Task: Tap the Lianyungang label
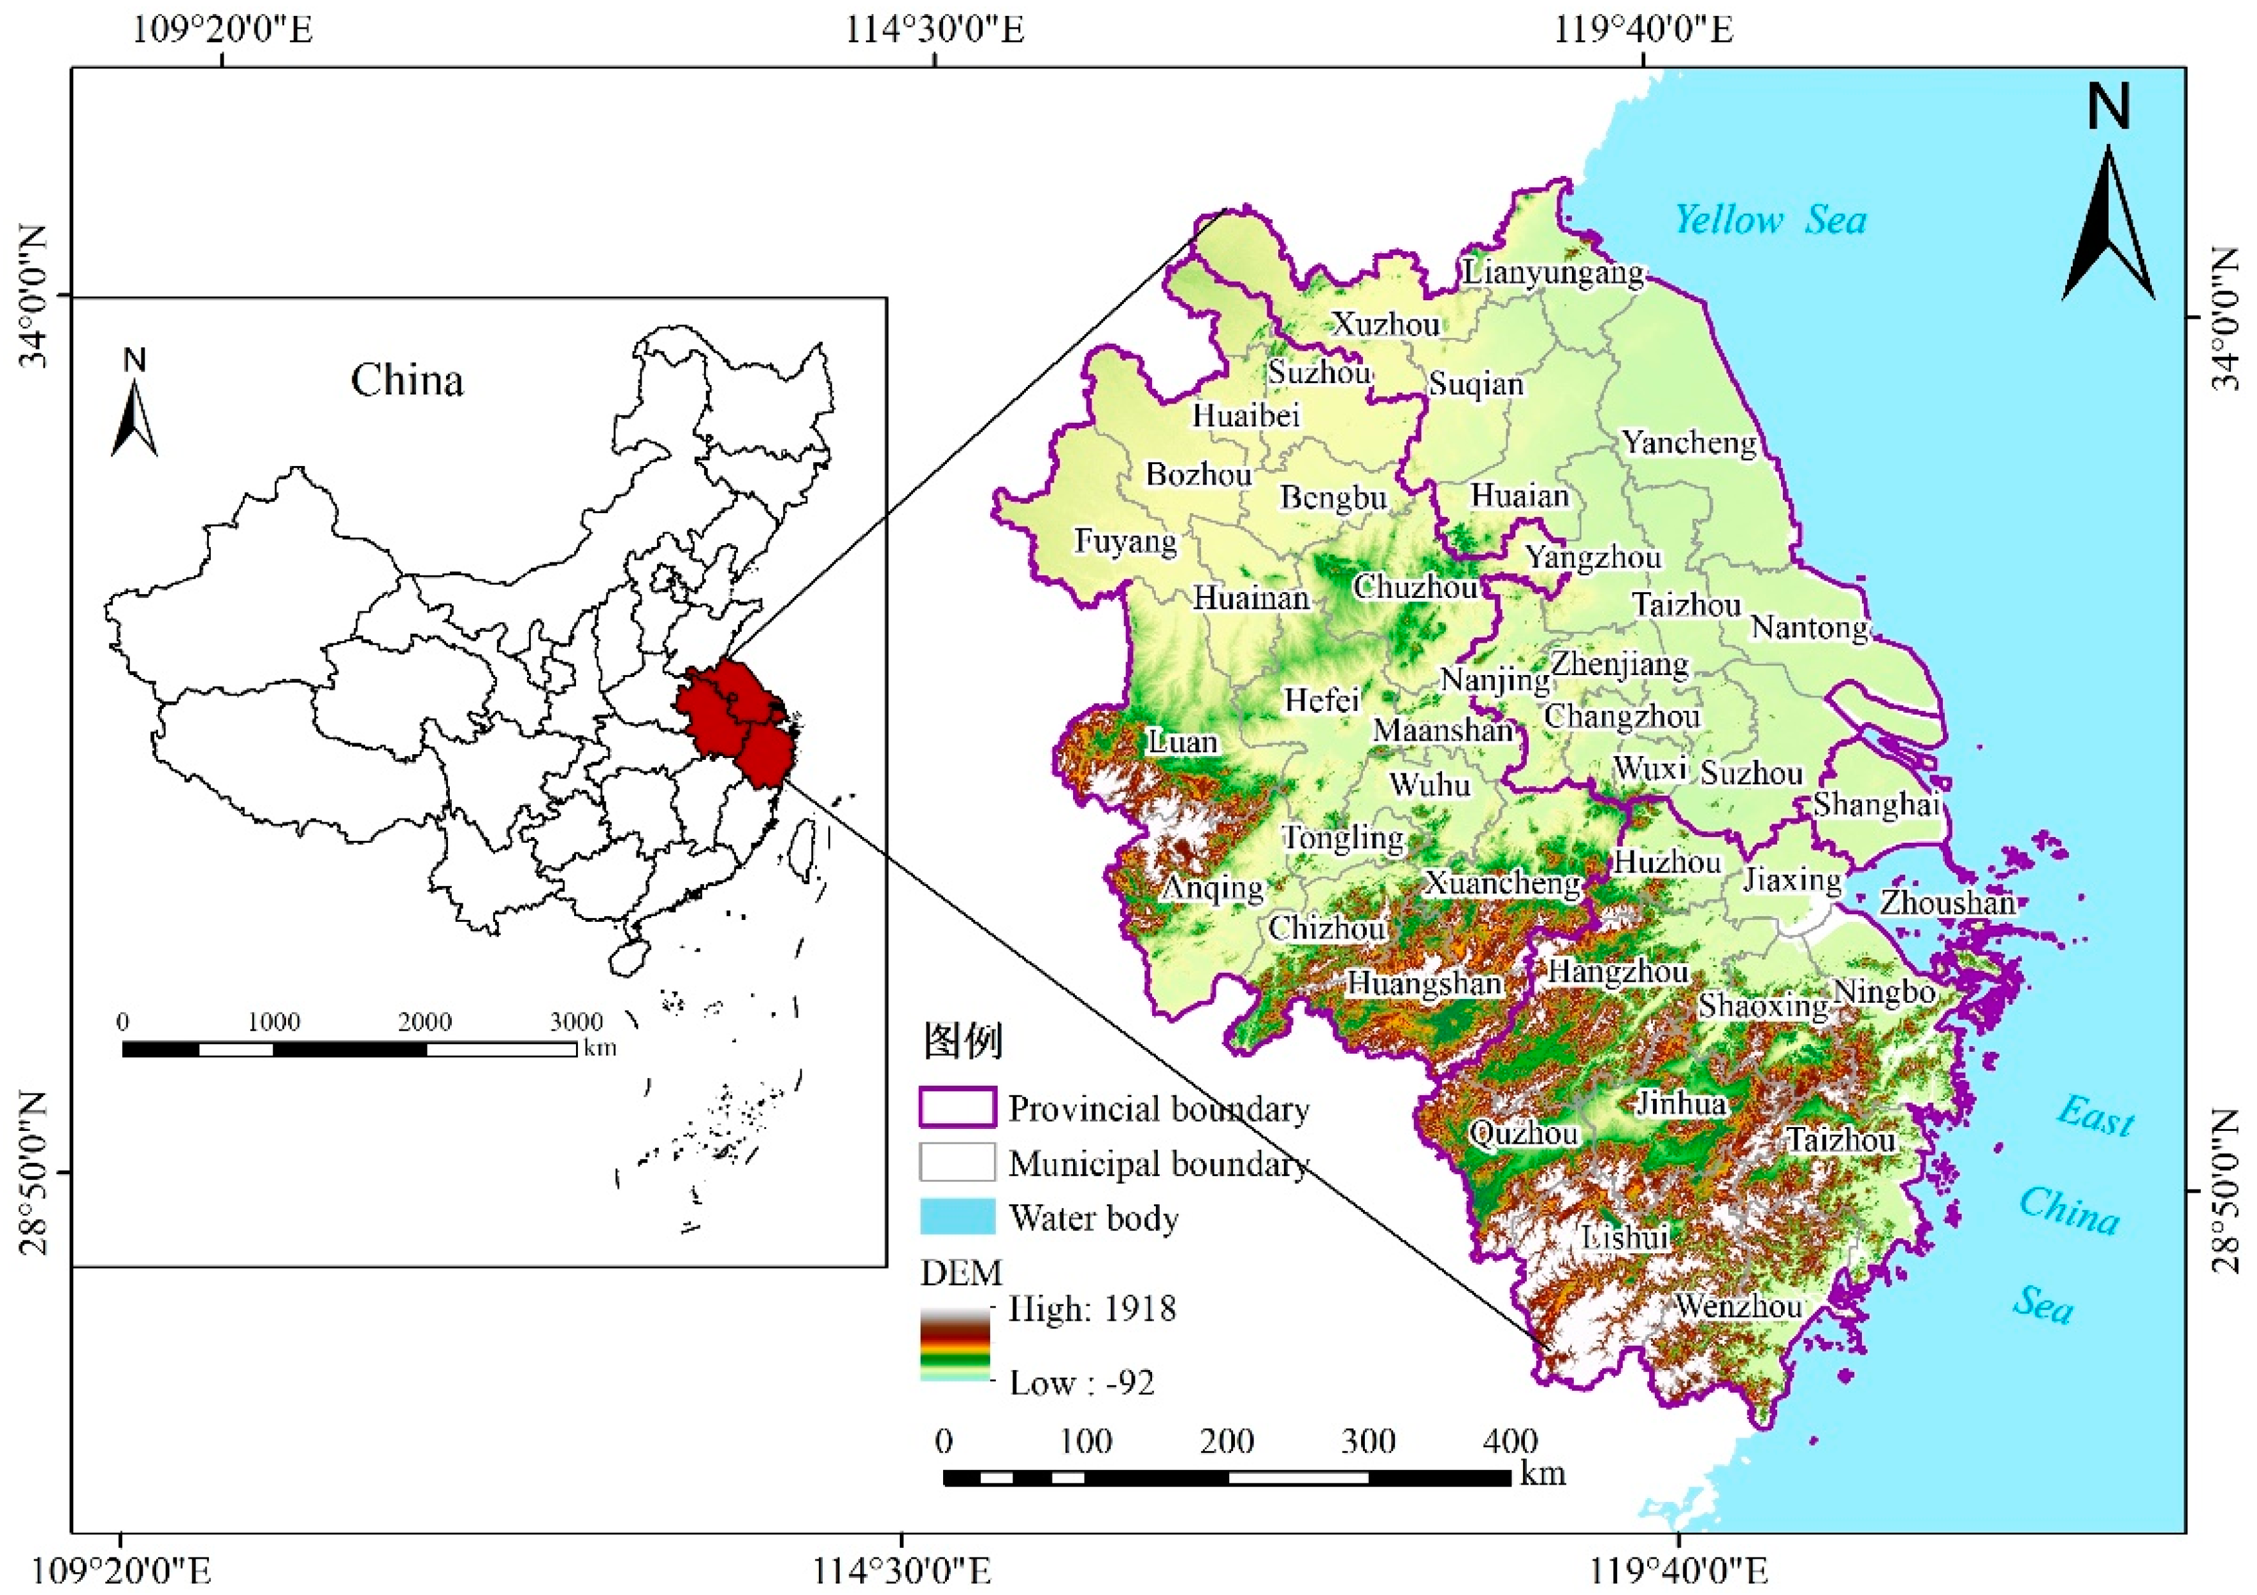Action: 1552,272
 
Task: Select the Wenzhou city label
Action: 1738,1306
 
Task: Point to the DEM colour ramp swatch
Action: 955,1344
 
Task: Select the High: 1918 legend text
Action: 1091,1309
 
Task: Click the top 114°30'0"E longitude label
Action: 935,29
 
